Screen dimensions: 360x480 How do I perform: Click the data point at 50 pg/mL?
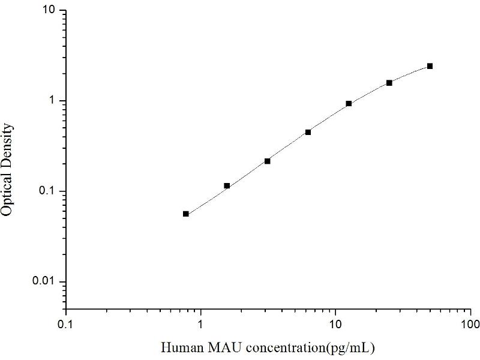pyautogui.click(x=430, y=66)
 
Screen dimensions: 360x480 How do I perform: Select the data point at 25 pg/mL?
pyautogui.click(x=389, y=83)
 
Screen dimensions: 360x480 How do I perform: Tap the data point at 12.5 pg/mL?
pyautogui.click(x=349, y=104)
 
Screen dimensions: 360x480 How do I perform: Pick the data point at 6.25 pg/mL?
pyautogui.click(x=308, y=132)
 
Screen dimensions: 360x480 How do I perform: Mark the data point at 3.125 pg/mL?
pyautogui.click(x=268, y=161)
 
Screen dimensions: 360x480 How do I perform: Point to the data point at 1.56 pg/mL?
pyautogui.click(x=227, y=186)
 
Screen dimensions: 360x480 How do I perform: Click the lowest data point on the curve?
pyautogui.click(x=186, y=214)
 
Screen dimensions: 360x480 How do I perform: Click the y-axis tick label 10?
pyautogui.click(x=50, y=11)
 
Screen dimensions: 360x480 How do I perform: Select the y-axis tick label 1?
pyautogui.click(x=53, y=101)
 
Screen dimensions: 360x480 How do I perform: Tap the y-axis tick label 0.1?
pyautogui.click(x=48, y=191)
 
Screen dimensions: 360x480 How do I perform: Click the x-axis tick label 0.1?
pyautogui.click(x=66, y=325)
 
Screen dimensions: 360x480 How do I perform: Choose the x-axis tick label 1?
pyautogui.click(x=201, y=325)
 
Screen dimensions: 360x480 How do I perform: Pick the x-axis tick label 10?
pyautogui.click(x=335, y=325)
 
